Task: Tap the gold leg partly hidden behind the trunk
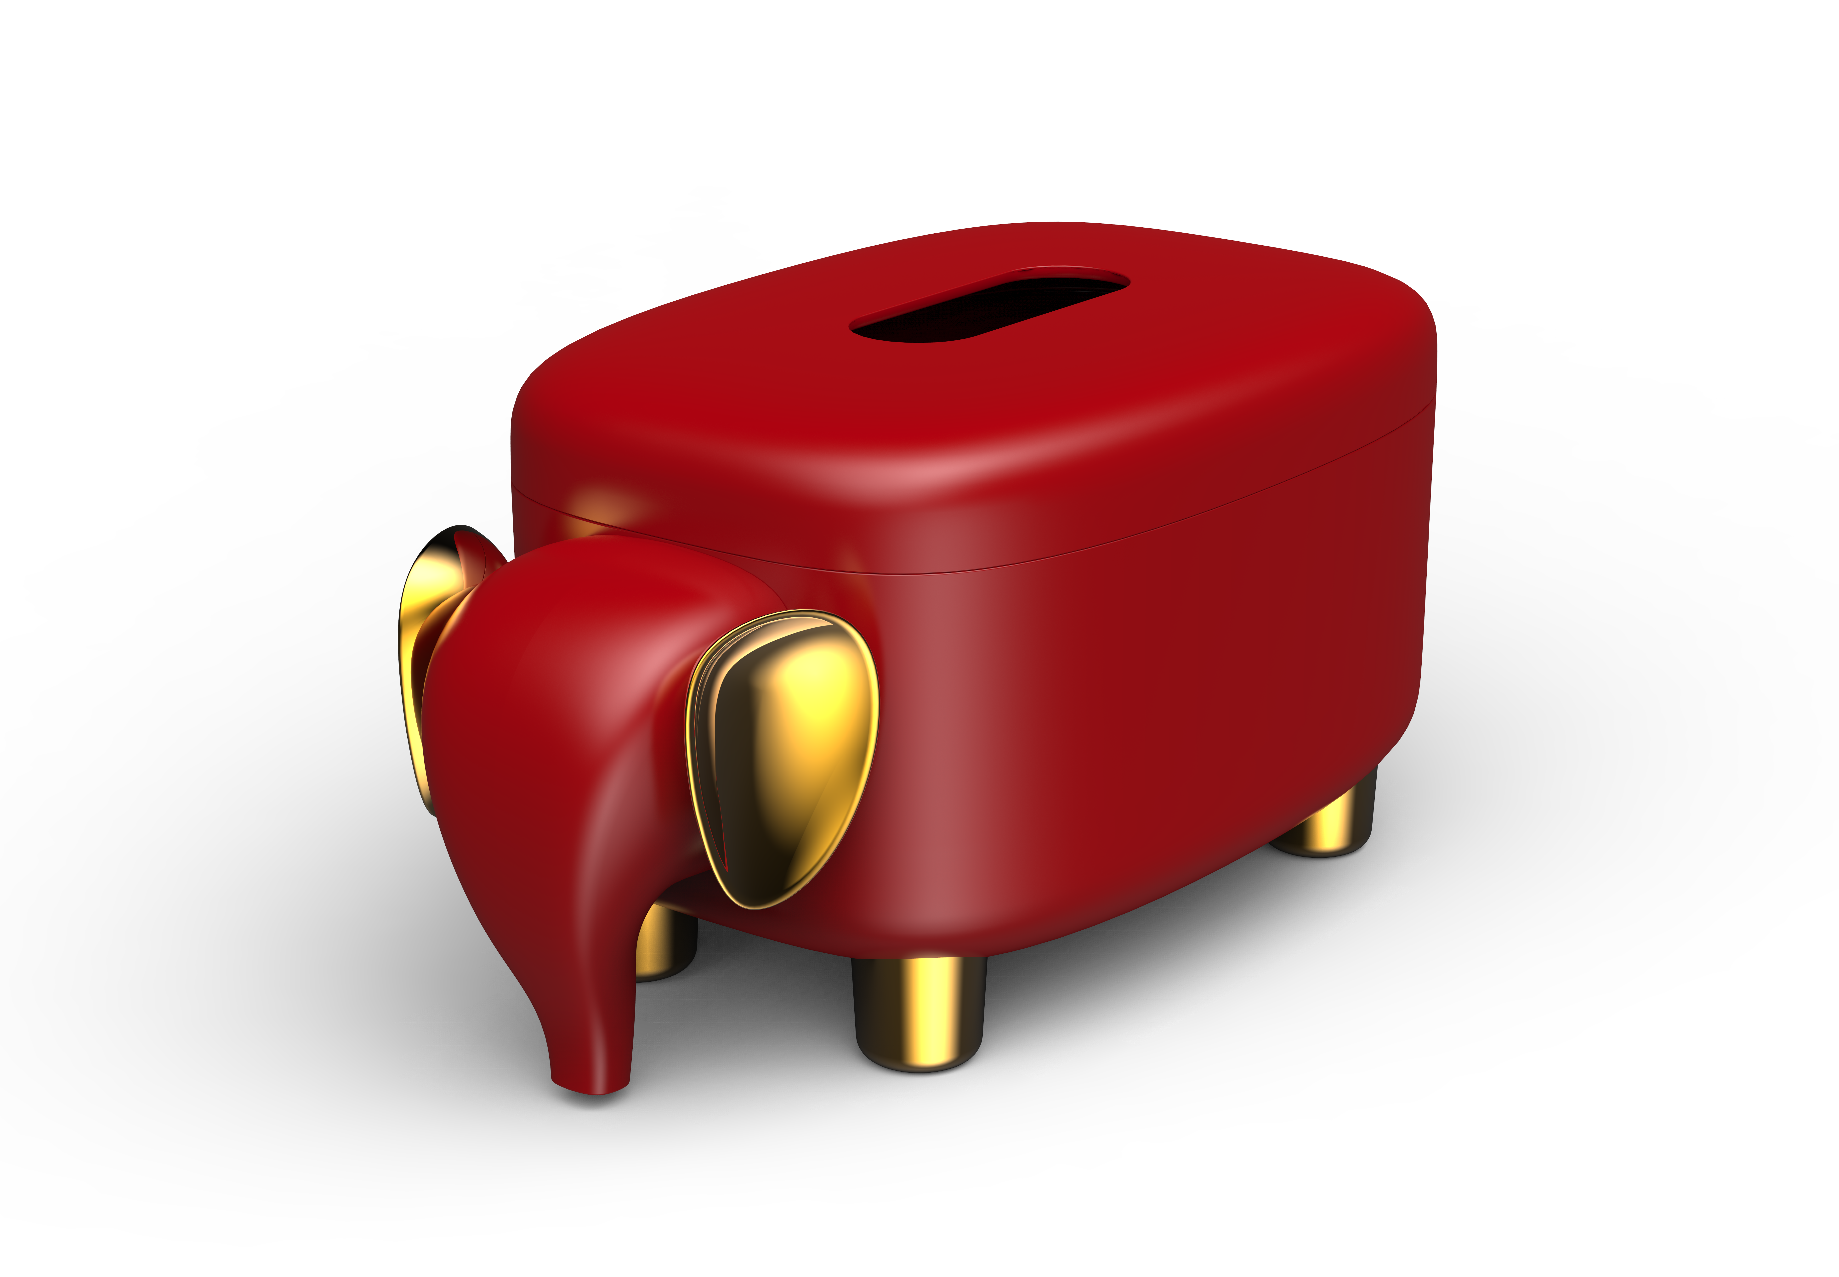click(x=664, y=944)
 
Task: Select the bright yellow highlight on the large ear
click(x=816, y=696)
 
